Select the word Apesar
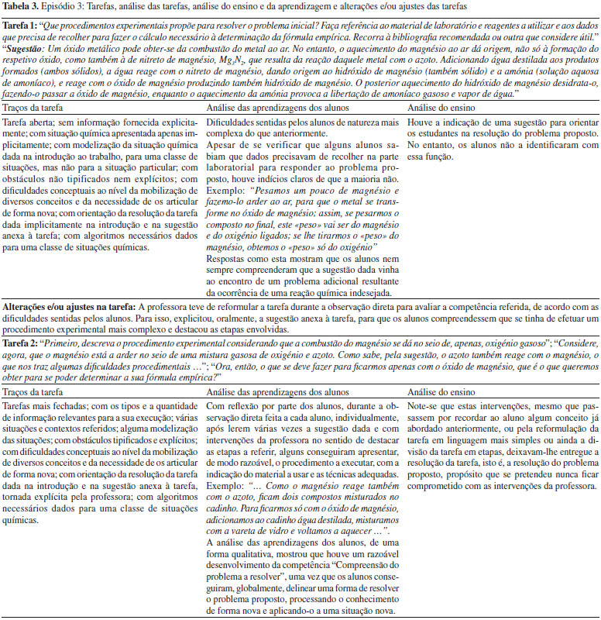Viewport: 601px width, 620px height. point(223,153)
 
